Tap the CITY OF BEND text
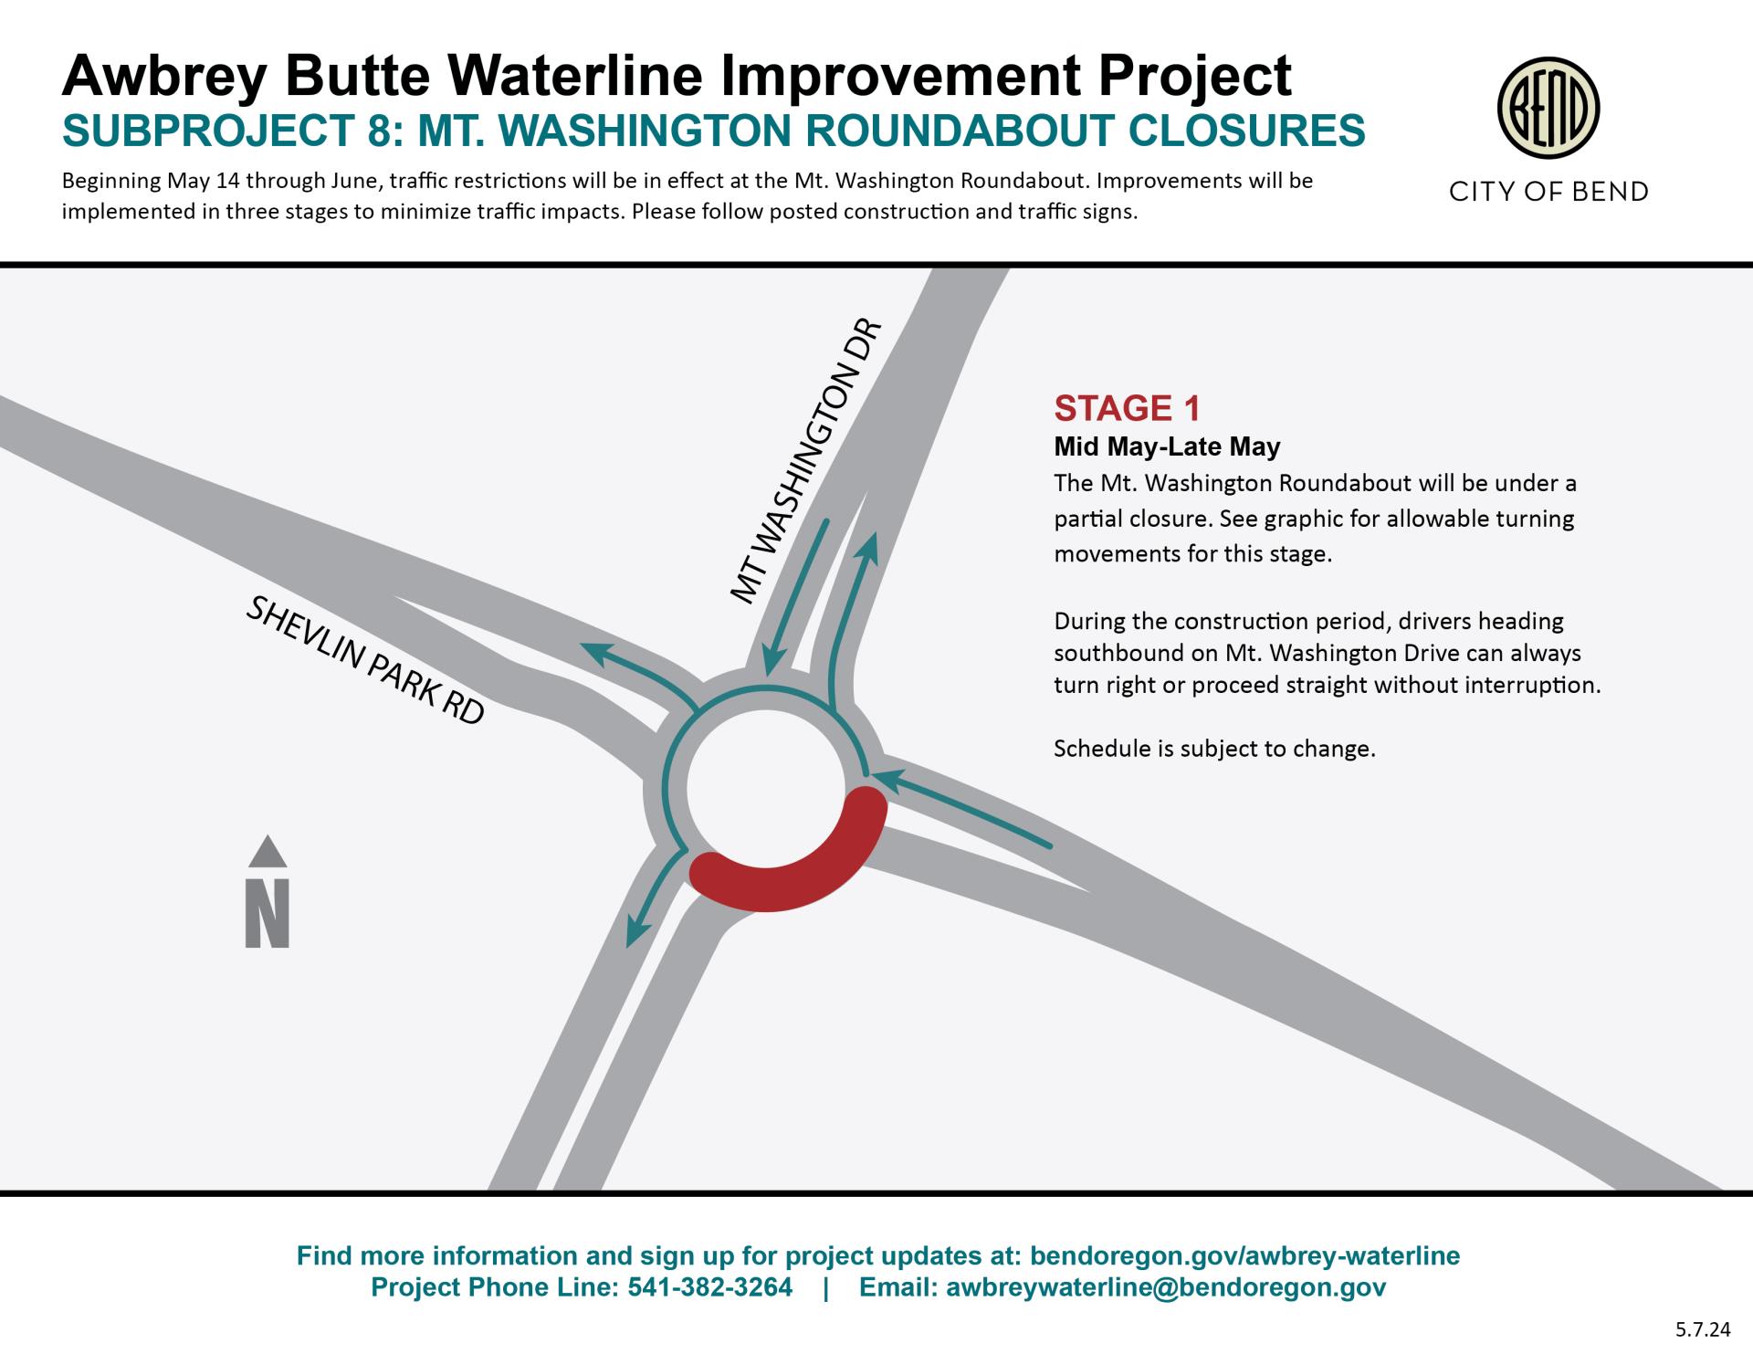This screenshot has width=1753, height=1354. tap(1548, 192)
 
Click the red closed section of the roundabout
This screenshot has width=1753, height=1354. tap(787, 866)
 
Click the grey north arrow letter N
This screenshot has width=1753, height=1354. tap(267, 912)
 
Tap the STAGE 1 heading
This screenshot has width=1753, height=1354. tap(1127, 408)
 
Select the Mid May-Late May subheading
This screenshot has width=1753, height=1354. tap(1167, 446)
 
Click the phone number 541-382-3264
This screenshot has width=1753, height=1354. tap(710, 1287)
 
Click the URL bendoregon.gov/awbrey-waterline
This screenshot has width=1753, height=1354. tap(1244, 1255)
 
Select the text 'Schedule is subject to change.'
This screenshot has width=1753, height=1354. tap(1213, 749)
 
